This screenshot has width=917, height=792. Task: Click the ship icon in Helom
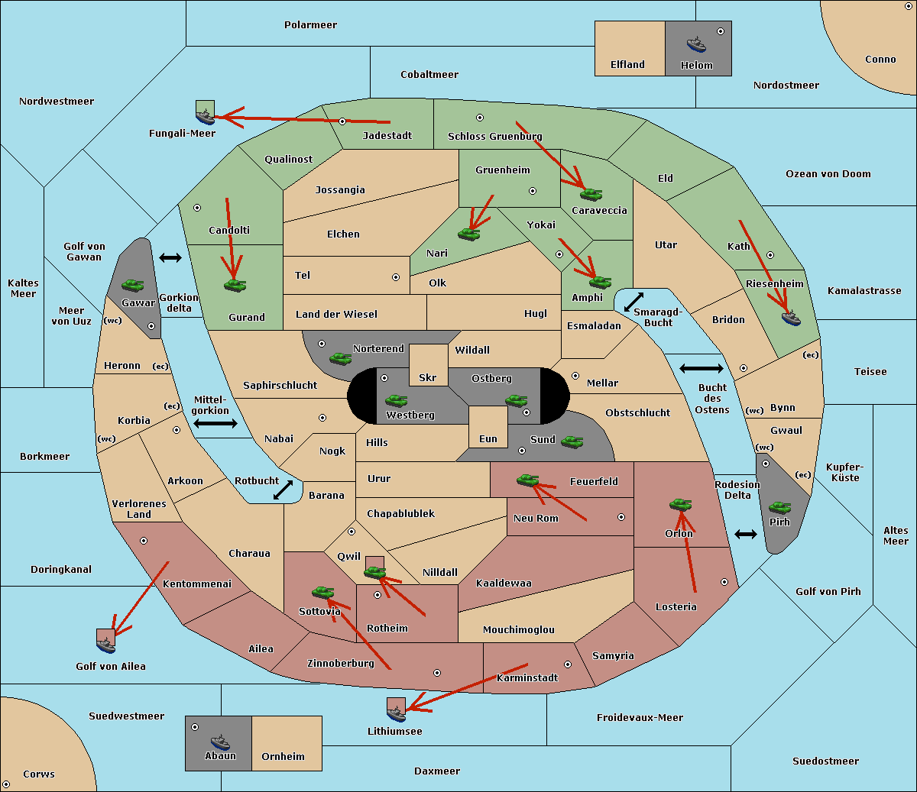coord(696,44)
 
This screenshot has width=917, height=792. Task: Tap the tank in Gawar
coord(132,285)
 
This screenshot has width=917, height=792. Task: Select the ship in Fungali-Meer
coord(205,117)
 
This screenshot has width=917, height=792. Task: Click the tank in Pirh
coord(779,507)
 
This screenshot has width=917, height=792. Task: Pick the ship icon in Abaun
coord(220,742)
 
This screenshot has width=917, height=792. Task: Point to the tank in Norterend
coord(340,358)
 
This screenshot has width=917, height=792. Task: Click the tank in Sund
coord(572,441)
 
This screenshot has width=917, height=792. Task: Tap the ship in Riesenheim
coord(791,318)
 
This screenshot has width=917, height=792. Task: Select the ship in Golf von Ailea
coord(106,645)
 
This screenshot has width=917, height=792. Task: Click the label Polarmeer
coord(310,25)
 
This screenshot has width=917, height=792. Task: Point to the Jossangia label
coord(340,190)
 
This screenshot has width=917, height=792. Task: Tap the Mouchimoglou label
coord(519,629)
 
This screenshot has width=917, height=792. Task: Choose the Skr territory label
coord(428,377)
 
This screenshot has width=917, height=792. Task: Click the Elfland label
coord(627,64)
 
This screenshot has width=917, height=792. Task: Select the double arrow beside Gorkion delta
coord(170,257)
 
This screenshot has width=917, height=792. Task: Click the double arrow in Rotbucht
coord(283,490)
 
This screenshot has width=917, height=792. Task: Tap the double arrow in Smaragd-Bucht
coord(633,302)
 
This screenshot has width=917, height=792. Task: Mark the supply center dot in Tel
coord(396,277)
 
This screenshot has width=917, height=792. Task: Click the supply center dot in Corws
coord(6,784)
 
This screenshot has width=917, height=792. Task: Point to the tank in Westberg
coord(396,401)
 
